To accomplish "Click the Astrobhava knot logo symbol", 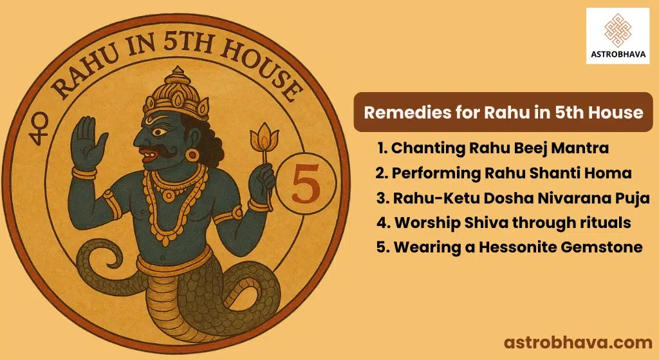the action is (617, 30).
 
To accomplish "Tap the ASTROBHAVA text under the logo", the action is (618, 54).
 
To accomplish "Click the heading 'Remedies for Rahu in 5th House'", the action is (503, 112).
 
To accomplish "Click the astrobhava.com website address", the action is (578, 343).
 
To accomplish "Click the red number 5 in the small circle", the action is (306, 184).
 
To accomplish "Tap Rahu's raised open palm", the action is (87, 143).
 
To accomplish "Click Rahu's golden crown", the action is (176, 93).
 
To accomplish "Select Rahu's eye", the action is (160, 132).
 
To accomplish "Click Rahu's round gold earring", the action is (192, 155).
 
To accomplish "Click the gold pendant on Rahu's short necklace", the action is (169, 196).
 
